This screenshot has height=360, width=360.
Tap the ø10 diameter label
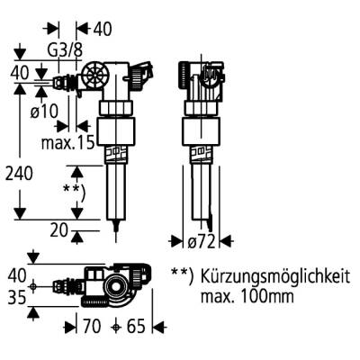(42, 112)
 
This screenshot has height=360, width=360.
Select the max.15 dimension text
(67, 142)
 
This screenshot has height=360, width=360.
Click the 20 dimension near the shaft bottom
(59, 230)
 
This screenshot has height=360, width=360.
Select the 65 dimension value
(135, 328)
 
